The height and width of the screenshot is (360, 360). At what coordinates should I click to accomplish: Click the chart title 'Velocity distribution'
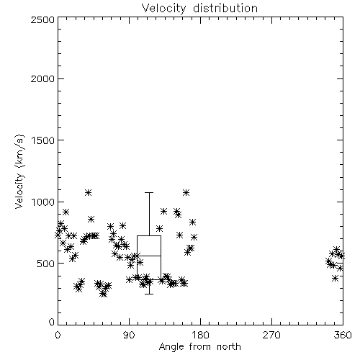point(199,9)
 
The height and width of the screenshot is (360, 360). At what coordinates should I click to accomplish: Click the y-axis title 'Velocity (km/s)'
point(19,171)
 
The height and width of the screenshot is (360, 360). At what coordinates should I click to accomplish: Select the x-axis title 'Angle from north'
point(199,347)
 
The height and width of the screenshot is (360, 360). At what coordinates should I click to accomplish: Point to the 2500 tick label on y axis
point(42,19)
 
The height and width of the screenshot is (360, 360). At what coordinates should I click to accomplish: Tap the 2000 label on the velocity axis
point(42,79)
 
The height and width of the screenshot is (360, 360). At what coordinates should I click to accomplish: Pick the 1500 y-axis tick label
point(42,140)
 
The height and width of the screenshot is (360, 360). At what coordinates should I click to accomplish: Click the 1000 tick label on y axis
point(42,202)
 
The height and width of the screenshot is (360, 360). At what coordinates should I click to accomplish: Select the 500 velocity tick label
point(46,264)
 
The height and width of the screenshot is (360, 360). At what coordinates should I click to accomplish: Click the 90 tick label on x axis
point(129,335)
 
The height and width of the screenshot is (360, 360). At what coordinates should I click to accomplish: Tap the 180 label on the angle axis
point(200,335)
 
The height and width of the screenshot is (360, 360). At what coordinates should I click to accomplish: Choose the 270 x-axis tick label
point(271,335)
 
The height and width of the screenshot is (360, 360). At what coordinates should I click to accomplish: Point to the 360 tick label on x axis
point(343,335)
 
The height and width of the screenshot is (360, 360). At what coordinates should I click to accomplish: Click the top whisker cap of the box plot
point(149,192)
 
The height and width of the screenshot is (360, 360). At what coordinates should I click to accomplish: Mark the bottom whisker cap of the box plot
point(149,294)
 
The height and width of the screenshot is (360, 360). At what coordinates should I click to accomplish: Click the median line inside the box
point(149,256)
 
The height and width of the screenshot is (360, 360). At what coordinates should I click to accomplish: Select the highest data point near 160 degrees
point(186,192)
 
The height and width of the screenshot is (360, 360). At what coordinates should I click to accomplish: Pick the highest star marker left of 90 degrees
point(88,192)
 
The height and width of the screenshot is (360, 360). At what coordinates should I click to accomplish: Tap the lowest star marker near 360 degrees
point(335,279)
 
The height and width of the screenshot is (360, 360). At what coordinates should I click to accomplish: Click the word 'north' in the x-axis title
point(229,347)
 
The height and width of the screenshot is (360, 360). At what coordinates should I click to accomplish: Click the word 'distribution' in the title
point(225,9)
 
